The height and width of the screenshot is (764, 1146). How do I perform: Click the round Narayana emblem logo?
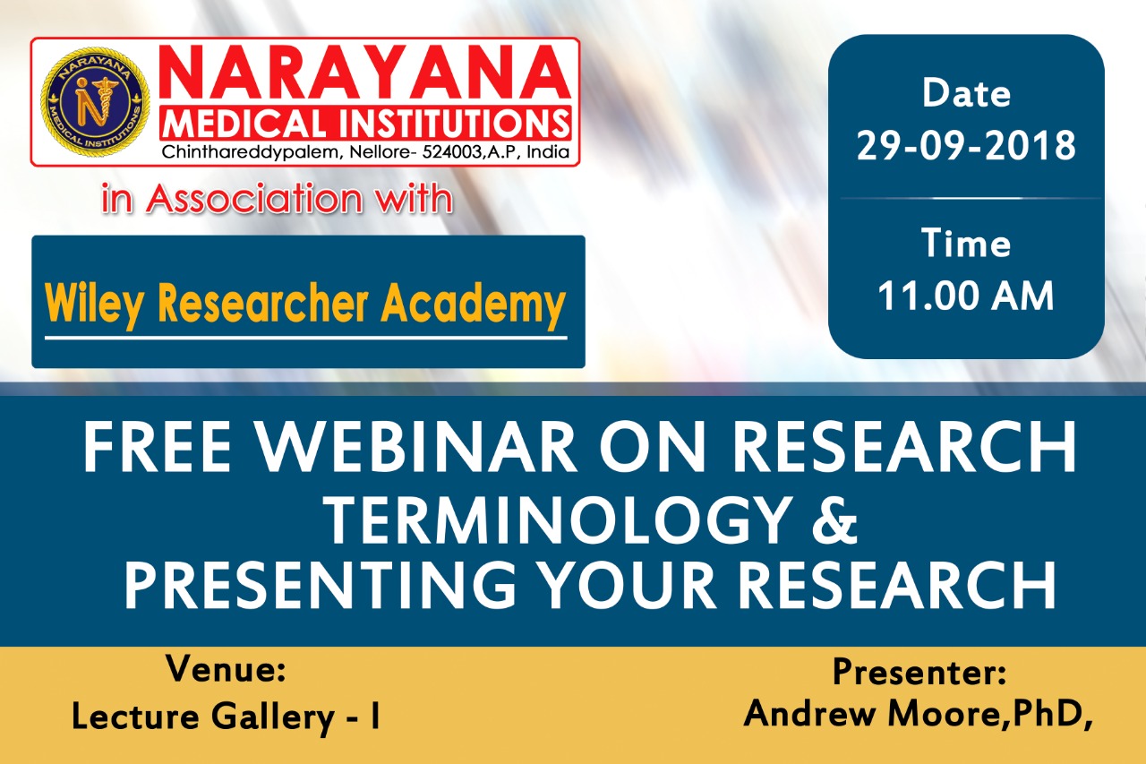(96, 102)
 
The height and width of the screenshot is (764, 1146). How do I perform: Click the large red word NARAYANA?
(365, 73)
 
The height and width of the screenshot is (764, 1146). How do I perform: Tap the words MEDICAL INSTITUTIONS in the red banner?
(365, 123)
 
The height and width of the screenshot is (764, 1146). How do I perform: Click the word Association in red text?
(254, 198)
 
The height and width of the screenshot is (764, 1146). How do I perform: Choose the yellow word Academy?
(474, 305)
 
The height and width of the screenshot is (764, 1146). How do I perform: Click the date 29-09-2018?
(966, 145)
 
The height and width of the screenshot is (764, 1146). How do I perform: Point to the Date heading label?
(966, 93)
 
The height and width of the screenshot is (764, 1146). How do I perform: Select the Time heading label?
(966, 243)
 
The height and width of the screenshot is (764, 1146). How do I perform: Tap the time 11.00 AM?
(966, 296)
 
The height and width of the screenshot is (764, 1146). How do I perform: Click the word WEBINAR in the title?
(416, 447)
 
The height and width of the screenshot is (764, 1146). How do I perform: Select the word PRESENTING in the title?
(320, 585)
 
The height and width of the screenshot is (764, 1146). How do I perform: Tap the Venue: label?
(226, 668)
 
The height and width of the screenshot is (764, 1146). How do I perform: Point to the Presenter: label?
(919, 672)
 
